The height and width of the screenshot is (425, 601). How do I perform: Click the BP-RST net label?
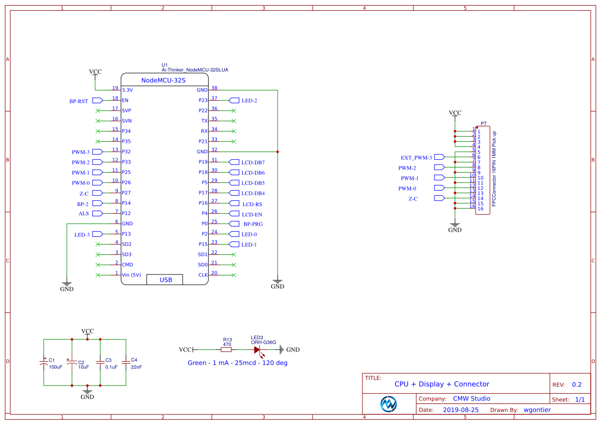tap(79, 101)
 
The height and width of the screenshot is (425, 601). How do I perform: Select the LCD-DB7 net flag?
tap(252, 162)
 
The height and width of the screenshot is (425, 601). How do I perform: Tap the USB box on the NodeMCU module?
tap(165, 280)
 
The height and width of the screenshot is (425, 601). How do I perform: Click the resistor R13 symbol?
tap(226, 349)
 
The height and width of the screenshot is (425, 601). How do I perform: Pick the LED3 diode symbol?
tap(257, 349)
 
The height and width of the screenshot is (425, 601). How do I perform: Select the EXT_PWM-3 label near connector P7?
tap(416, 158)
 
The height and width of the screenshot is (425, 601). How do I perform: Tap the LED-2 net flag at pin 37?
tap(249, 101)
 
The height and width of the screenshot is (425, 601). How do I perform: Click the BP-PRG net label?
tap(253, 224)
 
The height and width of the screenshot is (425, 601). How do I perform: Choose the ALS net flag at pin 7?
tap(83, 213)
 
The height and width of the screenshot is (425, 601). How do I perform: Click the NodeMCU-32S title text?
tap(163, 81)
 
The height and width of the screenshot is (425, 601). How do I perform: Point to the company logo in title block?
tap(389, 404)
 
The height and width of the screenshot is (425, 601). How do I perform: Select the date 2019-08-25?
tap(461, 410)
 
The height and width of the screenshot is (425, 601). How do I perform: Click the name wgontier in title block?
tap(537, 410)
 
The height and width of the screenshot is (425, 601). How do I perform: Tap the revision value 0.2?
tap(577, 385)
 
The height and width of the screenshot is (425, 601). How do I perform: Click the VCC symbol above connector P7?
tap(455, 113)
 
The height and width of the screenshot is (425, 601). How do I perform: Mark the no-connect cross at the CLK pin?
tap(234, 275)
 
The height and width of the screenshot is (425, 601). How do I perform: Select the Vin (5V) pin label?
tap(131, 275)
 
